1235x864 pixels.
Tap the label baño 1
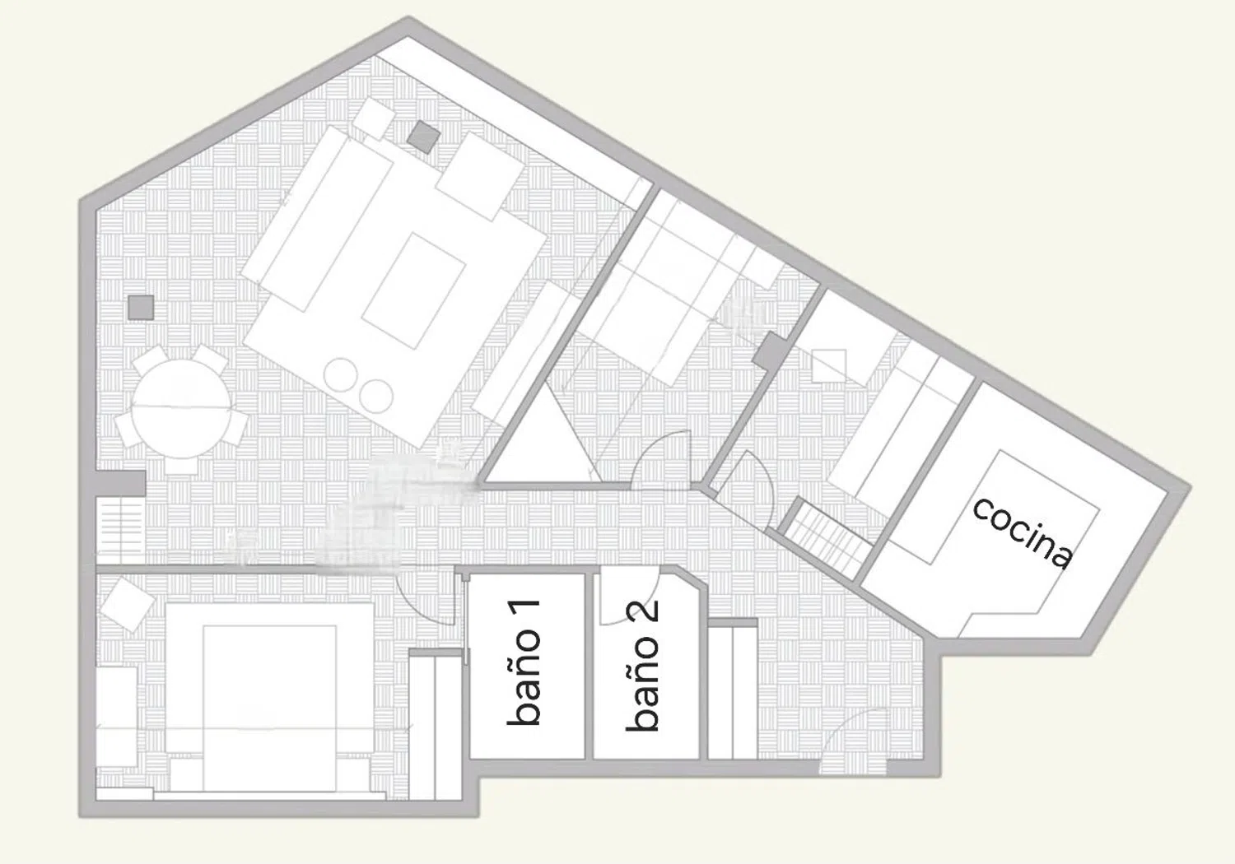(523, 662)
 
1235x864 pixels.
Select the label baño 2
(642, 667)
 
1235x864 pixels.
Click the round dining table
(181, 408)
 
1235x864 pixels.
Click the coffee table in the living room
(413, 290)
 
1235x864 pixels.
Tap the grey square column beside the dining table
(141, 308)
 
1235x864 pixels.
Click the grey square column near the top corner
(423, 137)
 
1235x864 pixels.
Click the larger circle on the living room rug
(342, 374)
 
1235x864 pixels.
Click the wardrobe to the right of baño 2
(732, 692)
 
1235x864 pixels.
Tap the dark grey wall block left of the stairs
(121, 483)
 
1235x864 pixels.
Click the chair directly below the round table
(181, 467)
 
